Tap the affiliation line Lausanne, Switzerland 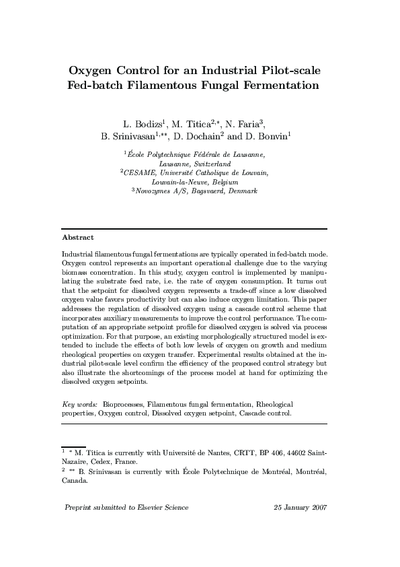coord(195,164)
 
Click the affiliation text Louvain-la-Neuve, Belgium coord(195,182)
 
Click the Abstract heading coord(77,238)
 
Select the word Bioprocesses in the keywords coord(122,404)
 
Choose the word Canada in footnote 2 coord(74,481)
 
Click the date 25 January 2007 coord(300,507)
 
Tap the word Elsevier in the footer coord(151,507)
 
